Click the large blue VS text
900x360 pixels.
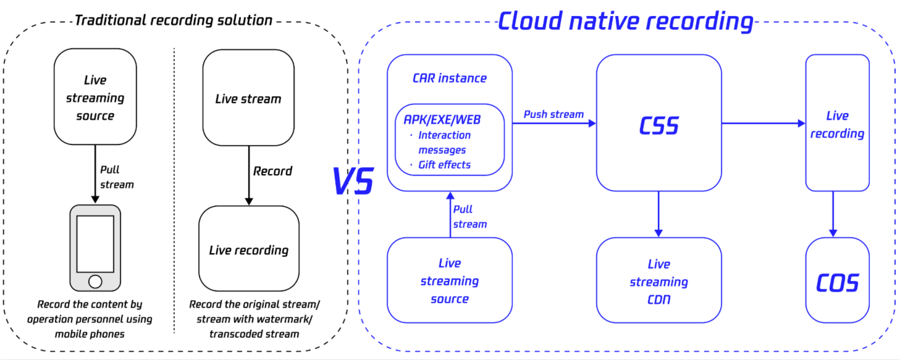353,182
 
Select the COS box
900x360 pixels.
837,282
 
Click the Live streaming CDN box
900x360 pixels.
658,282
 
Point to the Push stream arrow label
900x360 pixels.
553,114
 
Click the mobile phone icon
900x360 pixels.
95,247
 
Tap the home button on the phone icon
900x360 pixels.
95,282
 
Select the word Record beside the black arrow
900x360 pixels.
272,171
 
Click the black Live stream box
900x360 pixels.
248,98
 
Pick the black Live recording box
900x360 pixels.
248,249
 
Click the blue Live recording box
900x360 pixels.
837,123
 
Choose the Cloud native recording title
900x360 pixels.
625,21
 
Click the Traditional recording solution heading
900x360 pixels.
173,20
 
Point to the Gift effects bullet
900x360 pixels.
444,164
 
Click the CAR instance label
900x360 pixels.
449,78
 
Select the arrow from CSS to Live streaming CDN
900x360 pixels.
658,214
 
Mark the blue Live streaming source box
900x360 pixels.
449,281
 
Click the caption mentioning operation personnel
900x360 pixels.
95,319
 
